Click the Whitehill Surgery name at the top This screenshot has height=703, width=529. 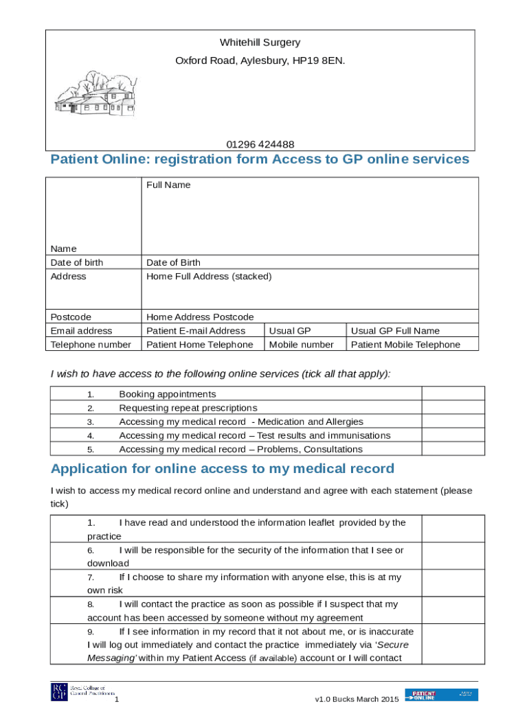pyautogui.click(x=260, y=43)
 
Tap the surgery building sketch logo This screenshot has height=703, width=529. pyautogui.click(x=96, y=94)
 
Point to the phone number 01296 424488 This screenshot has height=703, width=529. pyautogui.click(x=260, y=144)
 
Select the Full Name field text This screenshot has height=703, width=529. pyautogui.click(x=168, y=185)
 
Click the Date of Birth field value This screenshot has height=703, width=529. pyautogui.click(x=173, y=262)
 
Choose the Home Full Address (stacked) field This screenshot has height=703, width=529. pyautogui.click(x=209, y=276)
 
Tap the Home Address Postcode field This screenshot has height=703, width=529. pyautogui.click(x=200, y=317)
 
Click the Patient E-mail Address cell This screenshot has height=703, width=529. pyautogui.click(x=196, y=331)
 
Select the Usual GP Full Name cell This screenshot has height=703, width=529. pyautogui.click(x=395, y=331)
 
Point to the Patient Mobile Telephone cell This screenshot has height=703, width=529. pyautogui.click(x=405, y=345)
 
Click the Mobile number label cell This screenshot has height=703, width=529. pyautogui.click(x=301, y=345)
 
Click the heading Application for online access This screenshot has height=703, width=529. pyautogui.click(x=223, y=469)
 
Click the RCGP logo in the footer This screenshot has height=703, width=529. pyautogui.click(x=59, y=692)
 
